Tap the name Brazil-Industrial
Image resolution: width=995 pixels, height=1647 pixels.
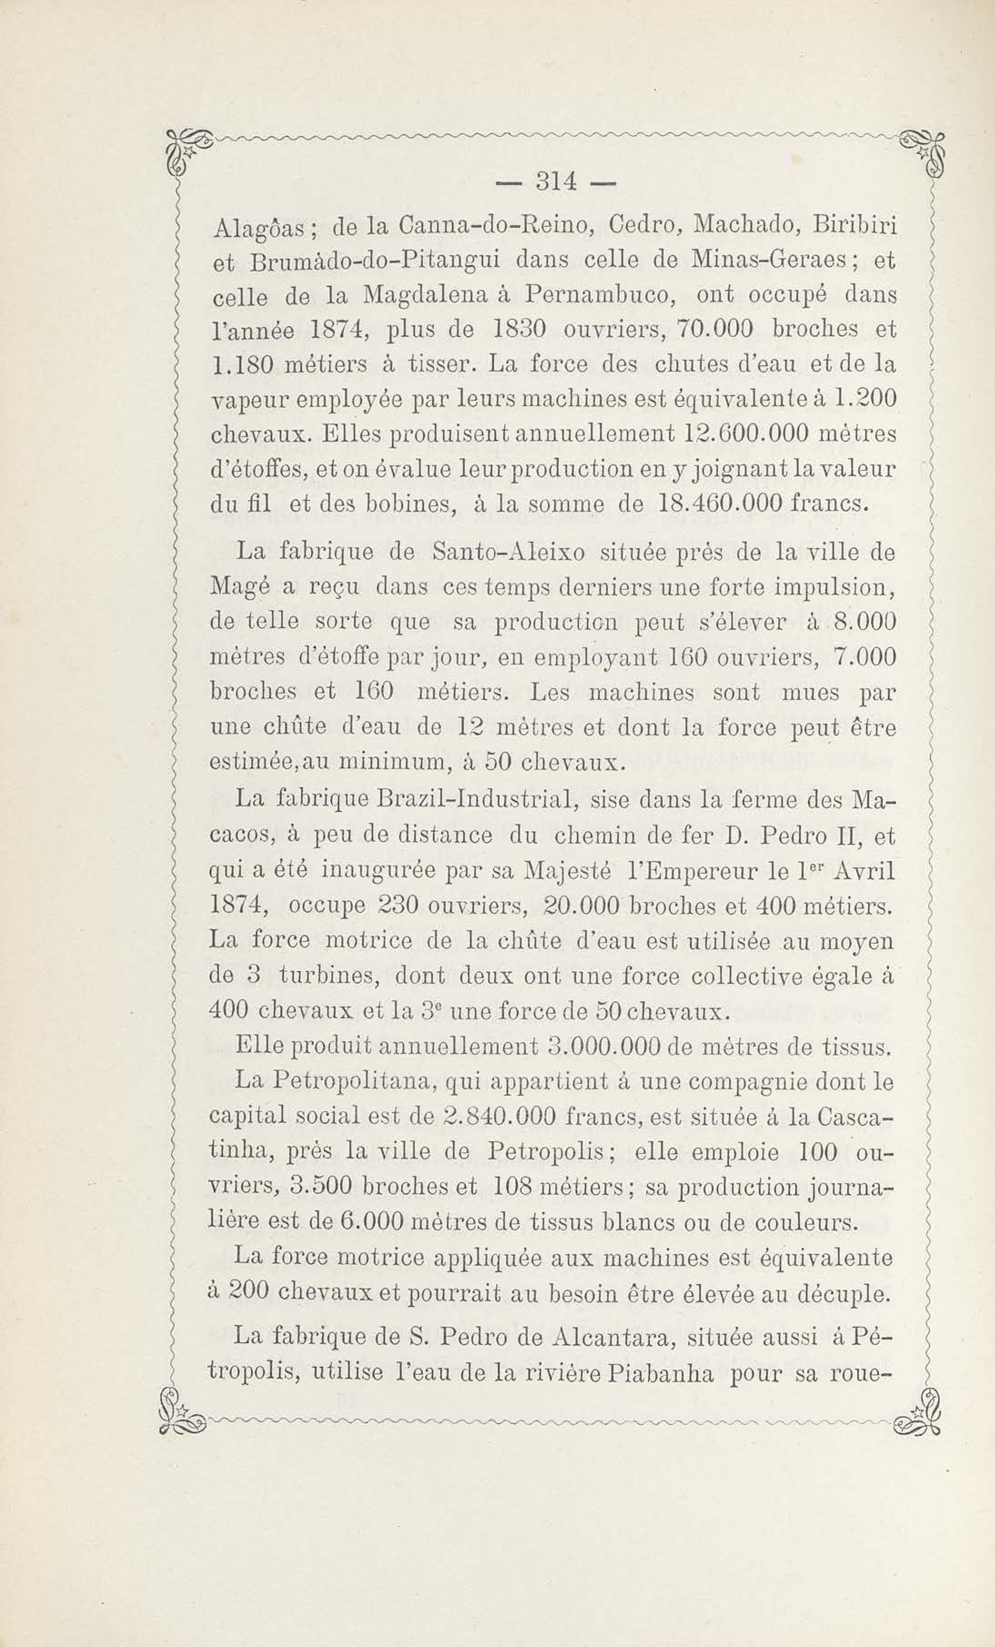point(477,800)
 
